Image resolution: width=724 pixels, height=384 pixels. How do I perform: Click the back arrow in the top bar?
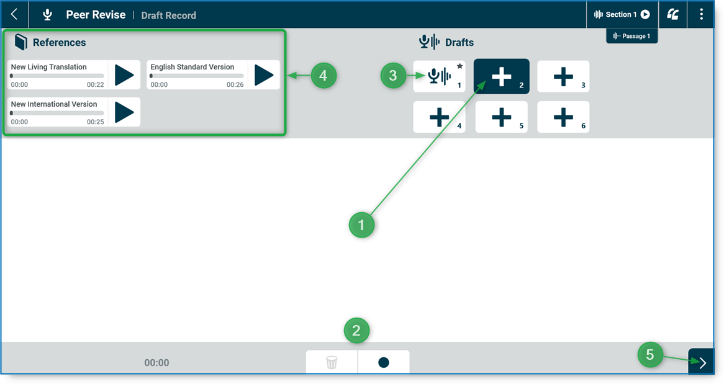(14, 14)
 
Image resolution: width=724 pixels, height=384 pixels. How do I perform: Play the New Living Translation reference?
(124, 75)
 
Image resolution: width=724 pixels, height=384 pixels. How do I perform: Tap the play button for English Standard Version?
(264, 75)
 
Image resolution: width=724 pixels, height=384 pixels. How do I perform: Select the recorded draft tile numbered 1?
(439, 76)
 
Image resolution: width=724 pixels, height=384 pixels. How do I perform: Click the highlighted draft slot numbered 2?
(501, 76)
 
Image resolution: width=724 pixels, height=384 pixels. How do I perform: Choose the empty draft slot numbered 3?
(563, 76)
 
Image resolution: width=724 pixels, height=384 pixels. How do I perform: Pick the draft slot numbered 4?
(439, 117)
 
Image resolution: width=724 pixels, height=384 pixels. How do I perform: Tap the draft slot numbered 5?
(501, 117)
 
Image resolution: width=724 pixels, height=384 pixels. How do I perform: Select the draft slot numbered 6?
(563, 117)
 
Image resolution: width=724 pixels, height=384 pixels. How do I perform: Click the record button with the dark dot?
(384, 362)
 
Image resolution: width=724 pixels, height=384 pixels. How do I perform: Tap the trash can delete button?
(332, 362)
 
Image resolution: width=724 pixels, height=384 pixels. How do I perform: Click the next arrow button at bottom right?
(702, 362)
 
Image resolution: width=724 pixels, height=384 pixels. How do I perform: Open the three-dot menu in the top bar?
(701, 14)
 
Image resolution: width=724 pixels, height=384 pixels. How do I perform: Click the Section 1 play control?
(645, 14)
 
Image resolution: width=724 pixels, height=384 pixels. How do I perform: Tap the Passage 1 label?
(631, 36)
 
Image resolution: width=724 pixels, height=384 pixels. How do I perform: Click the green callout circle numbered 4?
(324, 76)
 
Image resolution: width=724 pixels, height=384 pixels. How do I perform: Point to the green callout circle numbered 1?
(361, 225)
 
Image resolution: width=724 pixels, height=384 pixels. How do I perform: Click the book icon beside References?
(21, 42)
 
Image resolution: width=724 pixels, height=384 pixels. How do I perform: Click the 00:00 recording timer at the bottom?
(156, 363)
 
